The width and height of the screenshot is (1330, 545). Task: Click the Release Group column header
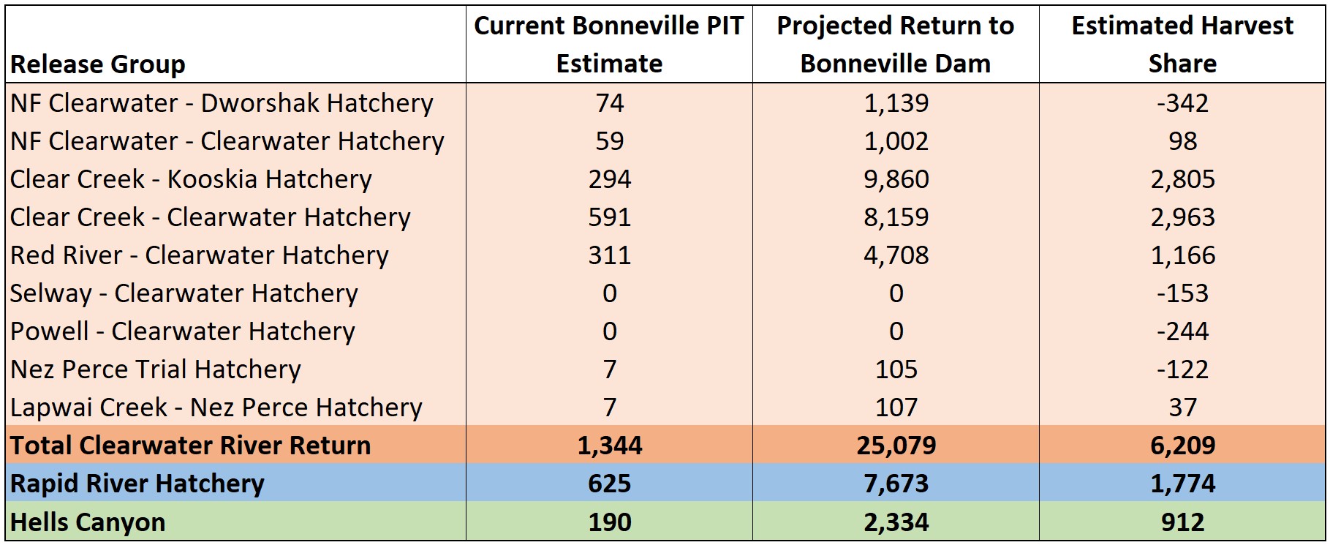[98, 64]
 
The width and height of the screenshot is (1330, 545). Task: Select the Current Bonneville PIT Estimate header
[609, 45]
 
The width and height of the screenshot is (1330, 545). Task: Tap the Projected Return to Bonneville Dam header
[896, 45]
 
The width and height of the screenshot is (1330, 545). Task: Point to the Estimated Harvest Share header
[1182, 45]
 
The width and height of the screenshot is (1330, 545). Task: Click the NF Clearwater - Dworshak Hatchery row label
[222, 103]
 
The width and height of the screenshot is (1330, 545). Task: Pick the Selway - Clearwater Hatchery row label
[184, 293]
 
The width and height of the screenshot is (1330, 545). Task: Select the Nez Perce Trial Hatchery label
[156, 369]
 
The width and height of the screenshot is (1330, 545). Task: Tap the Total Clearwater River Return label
[191, 446]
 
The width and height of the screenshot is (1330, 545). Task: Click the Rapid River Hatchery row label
[137, 484]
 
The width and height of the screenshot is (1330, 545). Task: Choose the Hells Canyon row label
[88, 522]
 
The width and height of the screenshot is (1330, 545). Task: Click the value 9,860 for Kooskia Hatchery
[896, 179]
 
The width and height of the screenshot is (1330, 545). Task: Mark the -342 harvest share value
[1182, 103]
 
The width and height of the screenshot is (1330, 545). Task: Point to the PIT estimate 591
[609, 217]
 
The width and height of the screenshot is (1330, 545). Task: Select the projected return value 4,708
[896, 255]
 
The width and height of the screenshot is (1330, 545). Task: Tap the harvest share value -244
[1182, 331]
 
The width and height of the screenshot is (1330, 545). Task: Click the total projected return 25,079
[896, 446]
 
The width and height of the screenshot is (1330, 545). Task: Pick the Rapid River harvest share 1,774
[1182, 484]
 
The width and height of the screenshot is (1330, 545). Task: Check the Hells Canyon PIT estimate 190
[609, 522]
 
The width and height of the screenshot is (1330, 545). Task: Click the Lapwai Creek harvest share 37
[1182, 407]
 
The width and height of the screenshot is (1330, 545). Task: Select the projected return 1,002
[896, 141]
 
